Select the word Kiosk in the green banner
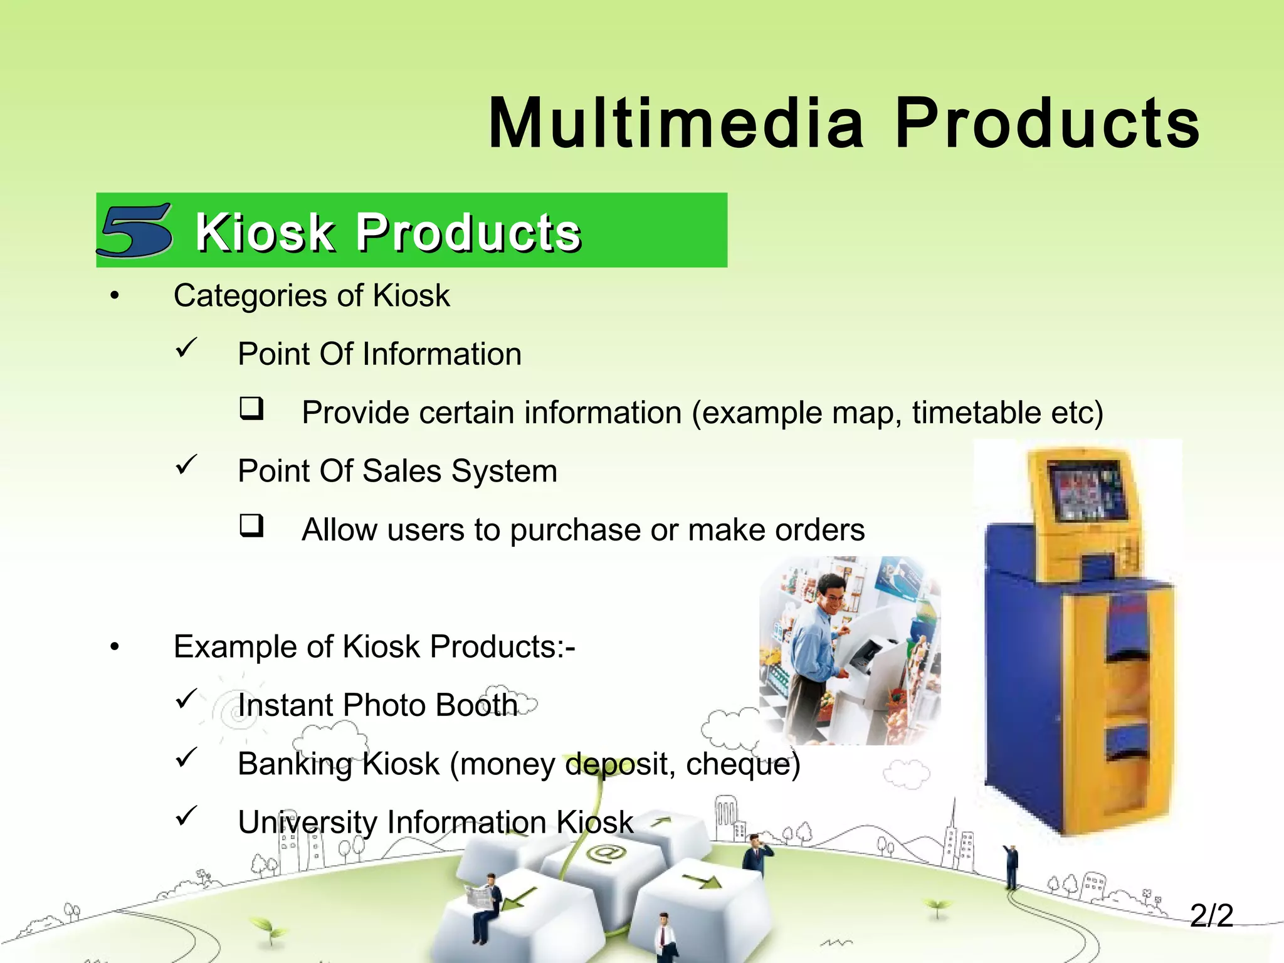click(265, 233)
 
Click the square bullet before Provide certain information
click(251, 408)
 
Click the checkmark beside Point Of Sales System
click(186, 465)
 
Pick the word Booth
click(476, 705)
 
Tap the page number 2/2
click(1211, 916)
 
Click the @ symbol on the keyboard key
click(607, 853)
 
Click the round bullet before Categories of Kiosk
click(114, 297)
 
